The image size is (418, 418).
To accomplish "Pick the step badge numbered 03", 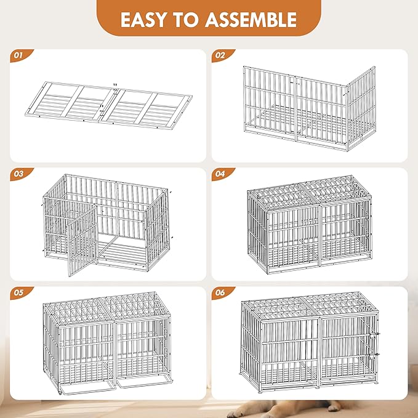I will tap(18, 174).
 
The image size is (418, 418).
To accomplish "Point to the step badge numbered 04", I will tap(220, 174).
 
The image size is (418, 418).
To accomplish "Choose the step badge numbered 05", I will tap(18, 293).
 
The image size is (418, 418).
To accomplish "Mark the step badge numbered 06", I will tap(220, 293).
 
